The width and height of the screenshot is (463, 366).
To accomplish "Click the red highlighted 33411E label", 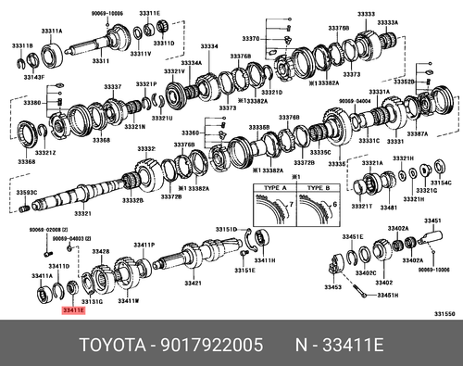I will (x=73, y=312).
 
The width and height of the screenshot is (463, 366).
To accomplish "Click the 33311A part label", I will (x=50, y=31).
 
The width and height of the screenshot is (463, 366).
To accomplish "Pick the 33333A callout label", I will (x=387, y=23).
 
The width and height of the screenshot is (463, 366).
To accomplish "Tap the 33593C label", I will (x=27, y=193).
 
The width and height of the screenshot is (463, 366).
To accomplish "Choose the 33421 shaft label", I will (x=193, y=284).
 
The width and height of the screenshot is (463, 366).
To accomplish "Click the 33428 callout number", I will (x=101, y=252).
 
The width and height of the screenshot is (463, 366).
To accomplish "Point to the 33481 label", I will (x=388, y=208).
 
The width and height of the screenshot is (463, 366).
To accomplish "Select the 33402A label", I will (x=398, y=228).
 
